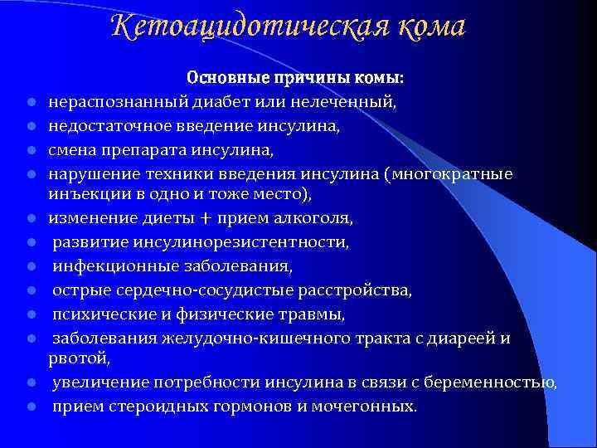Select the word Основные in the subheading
(221, 80)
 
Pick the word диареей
(463, 337)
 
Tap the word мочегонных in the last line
(366, 407)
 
